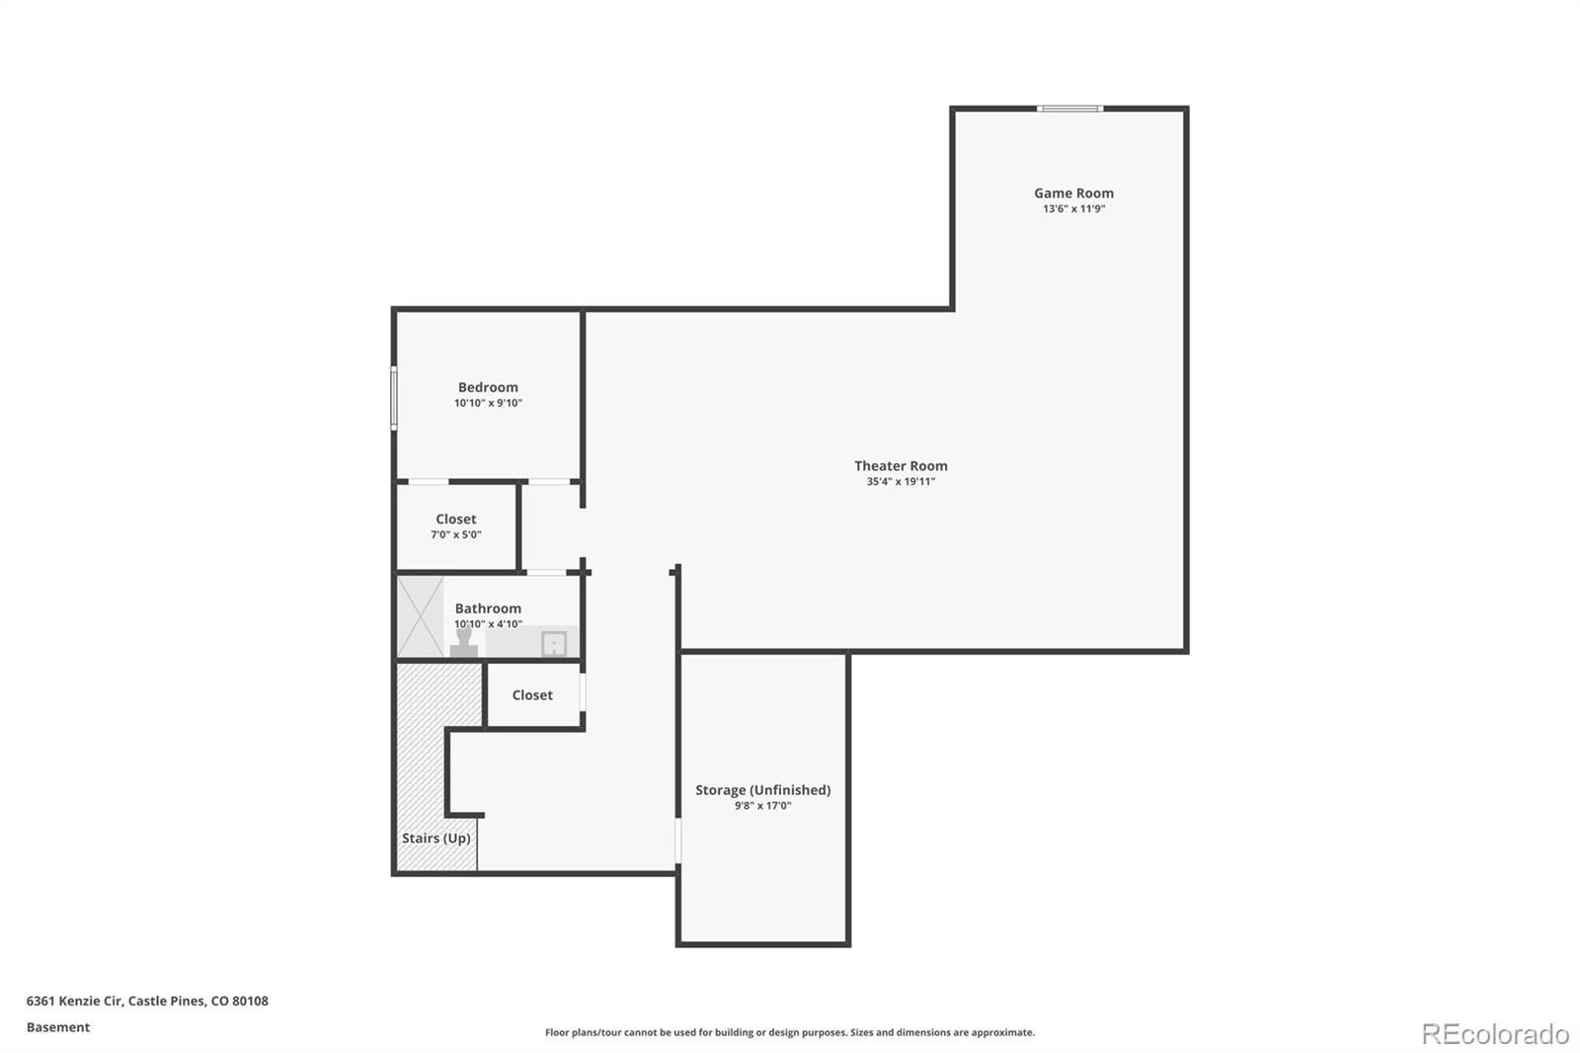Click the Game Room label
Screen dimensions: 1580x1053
click(x=1073, y=193)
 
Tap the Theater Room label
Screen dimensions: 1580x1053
click(x=901, y=466)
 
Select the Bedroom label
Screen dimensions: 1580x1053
click(x=488, y=387)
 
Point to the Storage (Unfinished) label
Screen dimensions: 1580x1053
click(x=763, y=790)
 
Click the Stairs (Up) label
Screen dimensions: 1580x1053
click(x=435, y=838)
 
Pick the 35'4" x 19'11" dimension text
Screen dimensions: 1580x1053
click(x=901, y=482)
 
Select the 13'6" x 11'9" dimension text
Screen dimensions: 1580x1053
click(x=1073, y=208)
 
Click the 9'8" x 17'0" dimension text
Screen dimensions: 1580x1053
click(x=763, y=806)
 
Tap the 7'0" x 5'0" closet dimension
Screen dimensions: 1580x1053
click(x=456, y=535)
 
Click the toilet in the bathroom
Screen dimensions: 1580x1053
click(x=463, y=643)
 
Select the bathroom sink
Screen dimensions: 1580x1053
click(x=554, y=644)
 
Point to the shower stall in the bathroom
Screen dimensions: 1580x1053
click(x=421, y=616)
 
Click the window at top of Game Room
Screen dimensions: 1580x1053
click(x=1070, y=109)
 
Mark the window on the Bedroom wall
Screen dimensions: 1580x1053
click(x=394, y=398)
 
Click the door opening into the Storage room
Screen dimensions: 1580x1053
click(x=677, y=841)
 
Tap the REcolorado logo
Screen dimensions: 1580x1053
click(x=1495, y=1034)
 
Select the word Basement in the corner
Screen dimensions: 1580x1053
click(x=58, y=1027)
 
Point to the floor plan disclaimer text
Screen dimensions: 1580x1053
click(x=790, y=1032)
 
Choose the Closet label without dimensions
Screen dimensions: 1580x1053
click(x=532, y=695)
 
